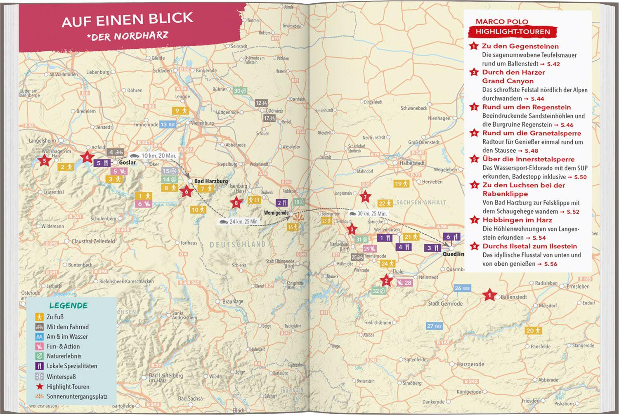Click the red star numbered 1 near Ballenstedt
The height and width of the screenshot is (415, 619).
point(489,295)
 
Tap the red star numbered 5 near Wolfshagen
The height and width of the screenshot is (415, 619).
point(45,161)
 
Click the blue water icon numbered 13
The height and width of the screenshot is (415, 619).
point(168,125)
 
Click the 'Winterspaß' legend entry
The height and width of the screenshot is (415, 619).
point(61,377)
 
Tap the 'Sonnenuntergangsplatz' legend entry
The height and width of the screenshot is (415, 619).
point(77,396)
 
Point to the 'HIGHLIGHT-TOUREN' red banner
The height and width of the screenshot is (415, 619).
point(512,32)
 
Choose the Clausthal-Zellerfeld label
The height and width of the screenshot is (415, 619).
point(93,241)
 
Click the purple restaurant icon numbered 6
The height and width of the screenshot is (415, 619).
point(451,237)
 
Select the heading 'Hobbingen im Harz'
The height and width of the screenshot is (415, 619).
point(517,220)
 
